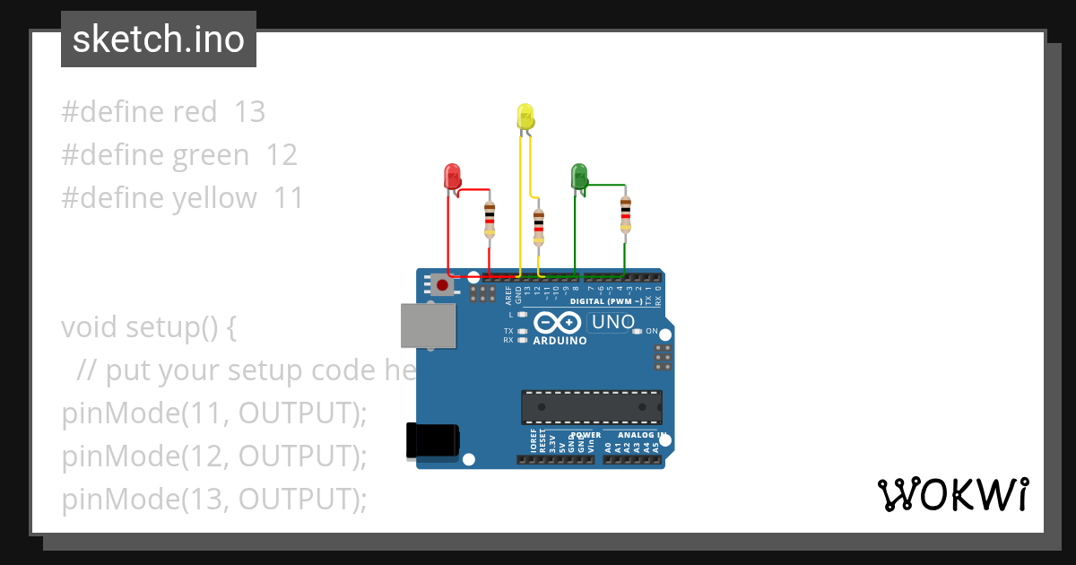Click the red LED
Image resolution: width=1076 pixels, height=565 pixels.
(452, 176)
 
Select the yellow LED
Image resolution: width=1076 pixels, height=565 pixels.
(525, 117)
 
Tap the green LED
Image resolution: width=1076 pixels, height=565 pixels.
(579, 176)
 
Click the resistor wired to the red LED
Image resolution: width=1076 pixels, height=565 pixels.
(490, 220)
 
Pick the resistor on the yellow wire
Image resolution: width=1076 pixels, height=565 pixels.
(538, 227)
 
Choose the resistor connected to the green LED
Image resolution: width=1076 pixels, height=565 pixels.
(625, 214)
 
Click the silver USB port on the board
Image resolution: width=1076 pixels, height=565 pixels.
(428, 325)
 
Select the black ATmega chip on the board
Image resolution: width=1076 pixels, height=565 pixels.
(592, 407)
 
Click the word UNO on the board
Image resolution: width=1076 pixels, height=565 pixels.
(614, 322)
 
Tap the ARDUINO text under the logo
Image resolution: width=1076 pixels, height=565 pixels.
(560, 341)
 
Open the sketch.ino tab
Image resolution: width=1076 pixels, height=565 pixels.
(159, 39)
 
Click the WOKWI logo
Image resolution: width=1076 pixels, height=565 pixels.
(952, 494)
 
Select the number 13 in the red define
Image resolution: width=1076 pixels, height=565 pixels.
(249, 112)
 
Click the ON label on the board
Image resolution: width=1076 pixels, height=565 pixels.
(652, 332)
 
